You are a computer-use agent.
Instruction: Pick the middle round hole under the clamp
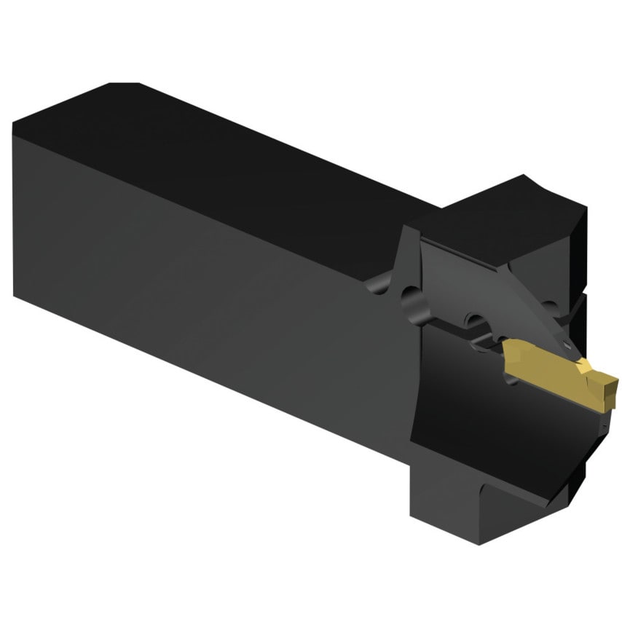(475, 320)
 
